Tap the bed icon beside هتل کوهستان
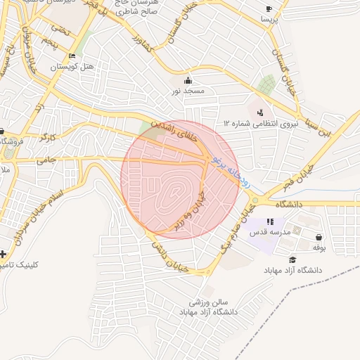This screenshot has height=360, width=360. [72, 56]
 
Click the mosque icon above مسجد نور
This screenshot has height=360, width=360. [188, 80]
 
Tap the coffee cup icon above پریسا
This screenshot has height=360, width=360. [269, 9]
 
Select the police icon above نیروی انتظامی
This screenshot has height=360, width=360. [261, 112]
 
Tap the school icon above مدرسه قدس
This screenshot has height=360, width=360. [270, 222]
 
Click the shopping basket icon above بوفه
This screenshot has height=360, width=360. [320, 237]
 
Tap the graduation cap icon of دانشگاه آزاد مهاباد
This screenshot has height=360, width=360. [292, 259]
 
